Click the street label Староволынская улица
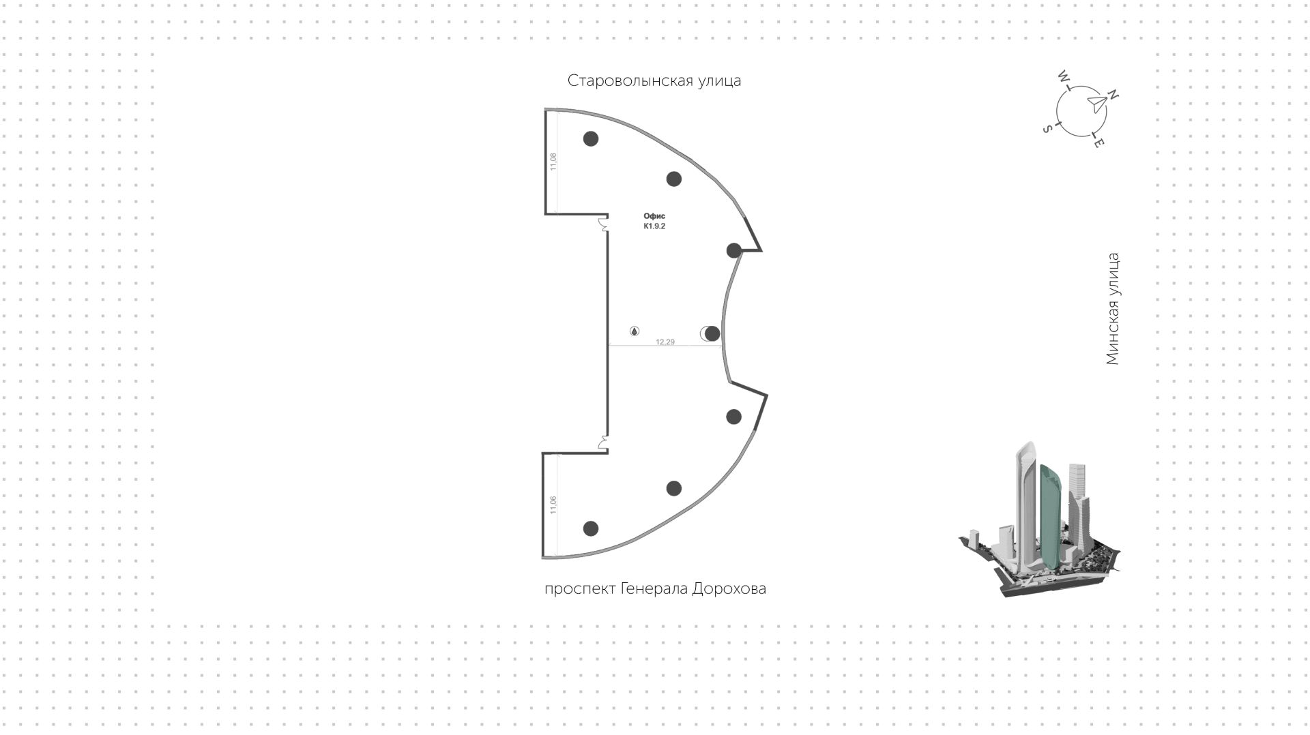tap(654, 81)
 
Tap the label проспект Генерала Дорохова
tap(655, 588)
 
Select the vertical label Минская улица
tap(1113, 309)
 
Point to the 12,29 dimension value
tap(665, 342)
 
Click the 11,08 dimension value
tap(553, 162)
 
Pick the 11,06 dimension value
tap(553, 505)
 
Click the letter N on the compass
tap(1113, 95)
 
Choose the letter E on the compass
tap(1098, 143)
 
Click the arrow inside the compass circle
tap(1096, 104)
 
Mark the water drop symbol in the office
tap(635, 331)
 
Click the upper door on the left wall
tap(603, 224)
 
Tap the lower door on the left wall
tap(603, 444)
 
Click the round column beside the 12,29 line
tap(712, 333)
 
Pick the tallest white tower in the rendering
tap(1027, 508)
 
